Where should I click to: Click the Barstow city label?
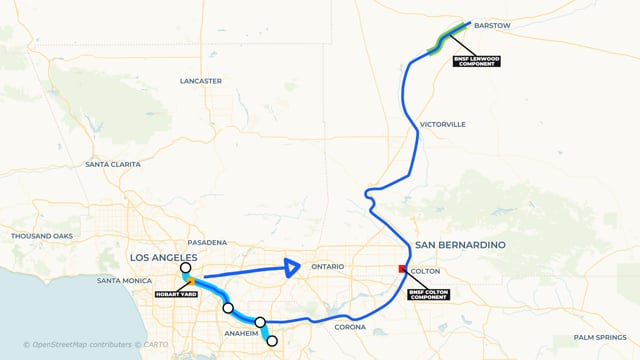(491, 24)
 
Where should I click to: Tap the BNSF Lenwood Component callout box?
(476, 60)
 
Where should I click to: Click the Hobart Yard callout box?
(174, 294)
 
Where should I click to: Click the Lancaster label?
(200, 80)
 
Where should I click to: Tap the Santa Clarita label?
(113, 164)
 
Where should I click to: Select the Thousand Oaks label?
(42, 236)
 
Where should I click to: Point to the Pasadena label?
(207, 243)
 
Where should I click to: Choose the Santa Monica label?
(124, 281)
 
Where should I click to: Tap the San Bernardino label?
(460, 245)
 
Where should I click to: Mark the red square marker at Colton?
(403, 269)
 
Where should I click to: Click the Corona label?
(350, 327)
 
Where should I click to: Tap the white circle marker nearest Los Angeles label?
(185, 268)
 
